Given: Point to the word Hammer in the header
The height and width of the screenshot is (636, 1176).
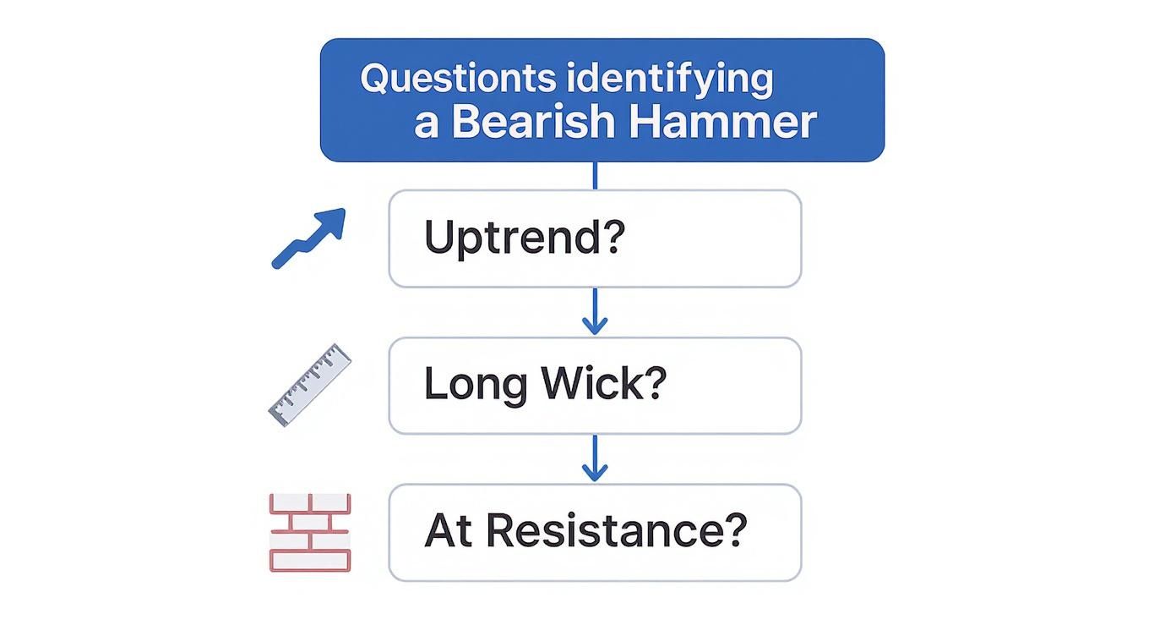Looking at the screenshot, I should (x=722, y=123).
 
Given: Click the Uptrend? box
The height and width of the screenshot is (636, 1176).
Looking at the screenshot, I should (x=595, y=238).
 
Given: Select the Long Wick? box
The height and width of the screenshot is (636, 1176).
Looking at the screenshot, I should (x=595, y=386).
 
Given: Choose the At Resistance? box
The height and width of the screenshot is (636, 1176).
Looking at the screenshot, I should (x=595, y=532).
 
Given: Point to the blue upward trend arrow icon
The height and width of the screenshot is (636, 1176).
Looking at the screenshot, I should (x=308, y=238).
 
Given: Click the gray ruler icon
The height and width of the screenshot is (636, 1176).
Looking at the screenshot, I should (x=309, y=385).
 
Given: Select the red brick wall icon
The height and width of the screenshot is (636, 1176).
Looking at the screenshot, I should (x=309, y=532).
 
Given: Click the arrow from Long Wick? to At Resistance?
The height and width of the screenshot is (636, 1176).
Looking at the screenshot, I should (x=595, y=458).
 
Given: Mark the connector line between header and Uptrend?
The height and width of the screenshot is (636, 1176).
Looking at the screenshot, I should (x=595, y=175).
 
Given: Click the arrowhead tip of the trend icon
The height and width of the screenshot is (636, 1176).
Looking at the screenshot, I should (x=342, y=211).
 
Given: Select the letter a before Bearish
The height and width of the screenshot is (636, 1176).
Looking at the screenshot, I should (x=427, y=124).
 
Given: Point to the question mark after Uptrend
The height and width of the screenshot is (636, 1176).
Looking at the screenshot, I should (x=614, y=238).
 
